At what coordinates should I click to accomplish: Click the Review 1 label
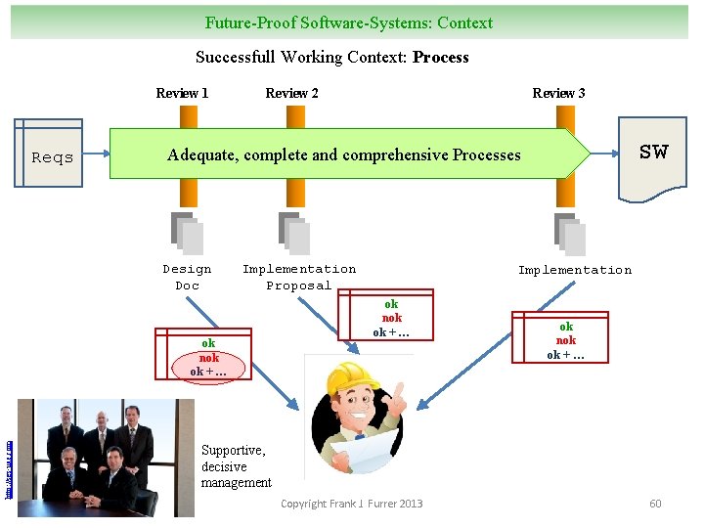(x=182, y=93)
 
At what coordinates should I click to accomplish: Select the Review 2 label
(x=291, y=93)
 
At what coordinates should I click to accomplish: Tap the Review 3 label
(x=558, y=93)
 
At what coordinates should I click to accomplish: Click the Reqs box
(x=52, y=156)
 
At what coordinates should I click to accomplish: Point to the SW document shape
(x=653, y=152)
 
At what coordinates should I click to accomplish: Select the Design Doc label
(x=187, y=277)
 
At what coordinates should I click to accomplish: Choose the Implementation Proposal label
(x=299, y=277)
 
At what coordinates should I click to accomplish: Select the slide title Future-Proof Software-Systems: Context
(x=349, y=22)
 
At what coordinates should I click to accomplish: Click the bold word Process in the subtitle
(x=441, y=57)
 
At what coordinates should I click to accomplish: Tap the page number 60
(x=655, y=504)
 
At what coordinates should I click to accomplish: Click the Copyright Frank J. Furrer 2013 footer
(x=352, y=504)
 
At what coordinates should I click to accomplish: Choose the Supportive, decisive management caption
(x=236, y=466)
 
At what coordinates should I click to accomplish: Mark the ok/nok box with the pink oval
(x=209, y=357)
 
